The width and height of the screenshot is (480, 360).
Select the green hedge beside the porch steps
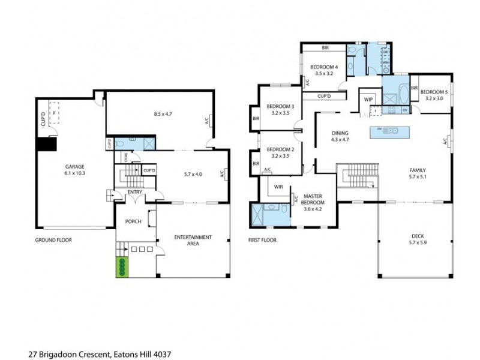point(122,267)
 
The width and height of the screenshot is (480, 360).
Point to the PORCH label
point(133,221)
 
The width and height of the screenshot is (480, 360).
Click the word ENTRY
point(134,192)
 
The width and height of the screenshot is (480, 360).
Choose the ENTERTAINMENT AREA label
point(193,241)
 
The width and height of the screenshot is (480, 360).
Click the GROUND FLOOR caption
point(53,240)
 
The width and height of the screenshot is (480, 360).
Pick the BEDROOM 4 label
point(324,67)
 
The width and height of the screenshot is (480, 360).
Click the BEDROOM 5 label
point(434,92)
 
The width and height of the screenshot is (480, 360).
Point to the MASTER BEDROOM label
point(314,199)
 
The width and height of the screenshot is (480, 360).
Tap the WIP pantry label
point(368,99)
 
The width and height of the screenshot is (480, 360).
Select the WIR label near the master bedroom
point(278,187)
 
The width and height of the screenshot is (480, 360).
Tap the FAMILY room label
point(419,170)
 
